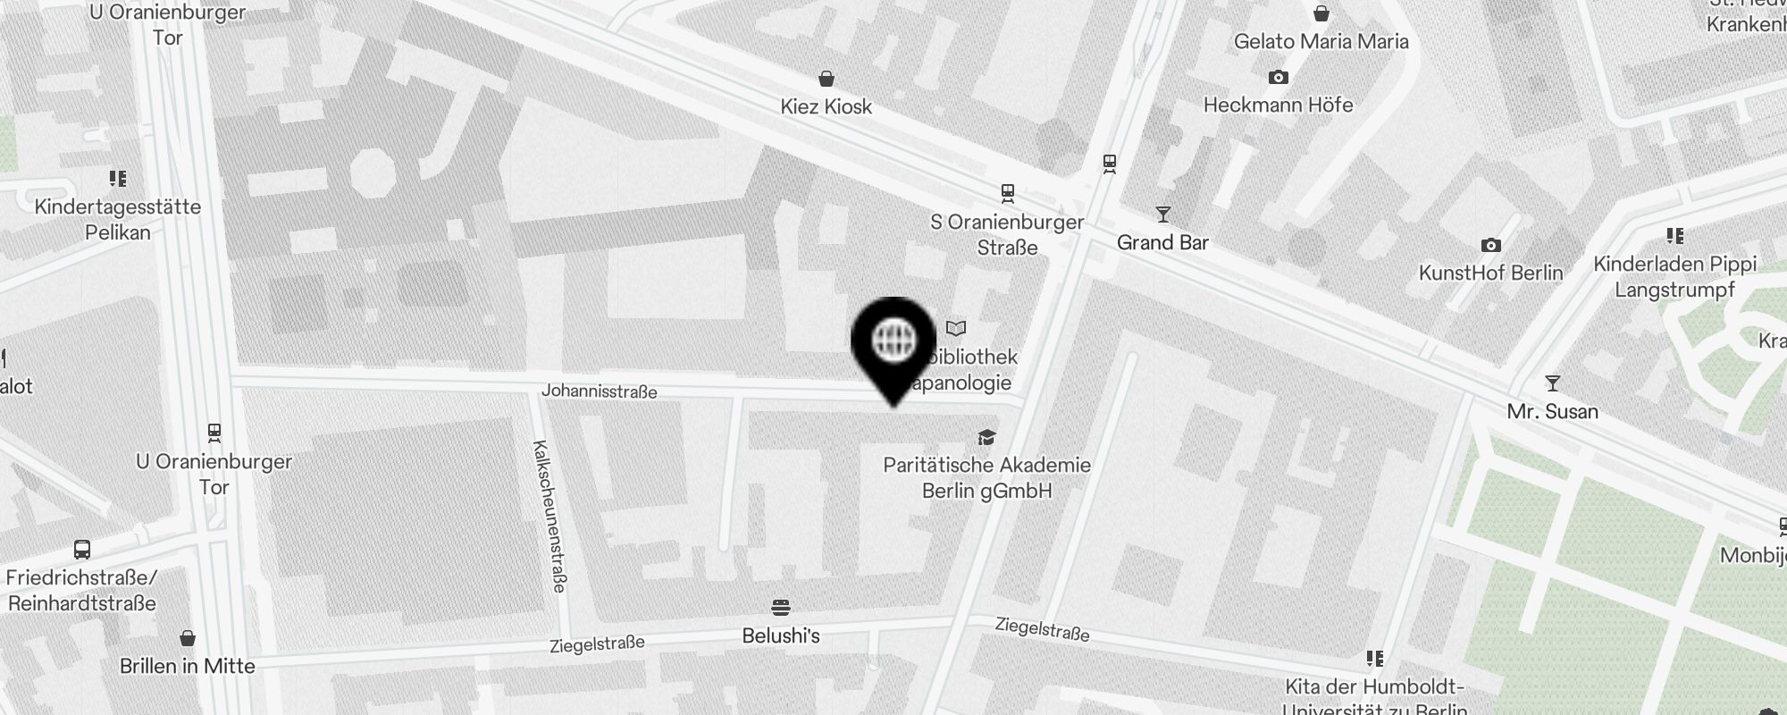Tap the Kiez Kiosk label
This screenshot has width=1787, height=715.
point(826,106)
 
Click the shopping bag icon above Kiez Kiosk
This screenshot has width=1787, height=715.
point(826,79)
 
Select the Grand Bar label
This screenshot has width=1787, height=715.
point(1162,242)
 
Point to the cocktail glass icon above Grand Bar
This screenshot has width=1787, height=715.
point(1162,214)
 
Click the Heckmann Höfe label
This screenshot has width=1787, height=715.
point(1278,105)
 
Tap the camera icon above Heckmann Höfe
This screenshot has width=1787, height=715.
point(1279,78)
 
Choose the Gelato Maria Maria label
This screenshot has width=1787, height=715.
point(1321,41)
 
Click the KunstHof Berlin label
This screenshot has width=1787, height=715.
point(1490,273)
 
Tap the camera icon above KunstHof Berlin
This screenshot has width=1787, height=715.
point(1490,245)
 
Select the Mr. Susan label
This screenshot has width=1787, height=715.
point(1552,411)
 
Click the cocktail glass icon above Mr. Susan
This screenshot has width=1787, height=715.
point(1553,383)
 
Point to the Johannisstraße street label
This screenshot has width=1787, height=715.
point(599,391)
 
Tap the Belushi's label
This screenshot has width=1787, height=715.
point(781,635)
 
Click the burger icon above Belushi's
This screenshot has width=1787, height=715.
point(781,608)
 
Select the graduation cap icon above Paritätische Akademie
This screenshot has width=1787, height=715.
point(986,437)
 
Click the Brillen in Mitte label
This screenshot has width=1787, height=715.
point(188,666)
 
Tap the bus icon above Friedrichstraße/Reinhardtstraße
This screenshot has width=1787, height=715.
point(81,549)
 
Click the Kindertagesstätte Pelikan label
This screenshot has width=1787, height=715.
point(118,219)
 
